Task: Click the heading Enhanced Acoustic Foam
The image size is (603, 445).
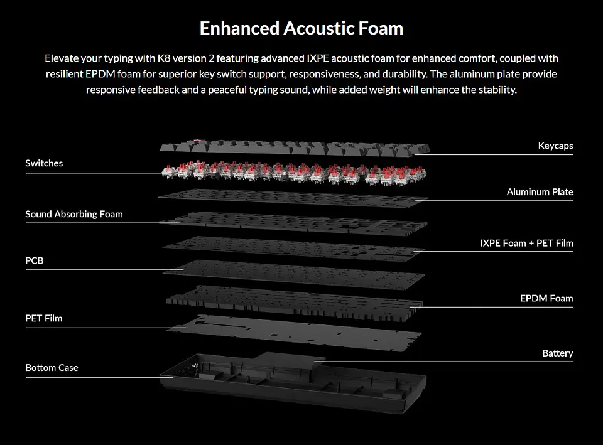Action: tap(301, 28)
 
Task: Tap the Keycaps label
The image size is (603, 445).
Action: tap(555, 146)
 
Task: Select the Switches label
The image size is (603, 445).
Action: tap(44, 163)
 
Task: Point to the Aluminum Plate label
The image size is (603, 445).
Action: tap(540, 192)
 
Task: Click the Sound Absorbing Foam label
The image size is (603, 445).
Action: tap(74, 214)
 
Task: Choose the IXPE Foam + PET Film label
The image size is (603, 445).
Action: tap(526, 244)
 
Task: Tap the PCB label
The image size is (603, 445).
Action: tap(34, 260)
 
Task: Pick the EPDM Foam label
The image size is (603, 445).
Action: tap(546, 298)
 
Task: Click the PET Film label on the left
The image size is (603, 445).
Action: tap(44, 318)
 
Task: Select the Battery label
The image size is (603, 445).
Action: tap(558, 353)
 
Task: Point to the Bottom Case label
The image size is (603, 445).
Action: tap(52, 368)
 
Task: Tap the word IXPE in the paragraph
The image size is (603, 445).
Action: tap(317, 58)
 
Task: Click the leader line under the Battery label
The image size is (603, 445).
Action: tap(443, 362)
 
